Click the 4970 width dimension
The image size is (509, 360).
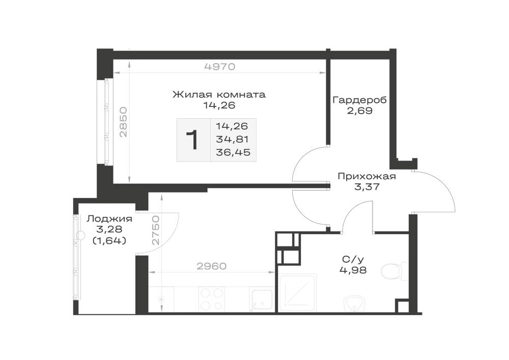click(219, 67)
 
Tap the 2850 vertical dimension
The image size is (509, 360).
click(123, 122)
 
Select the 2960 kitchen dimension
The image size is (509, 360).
click(212, 266)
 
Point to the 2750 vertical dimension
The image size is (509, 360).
click(156, 230)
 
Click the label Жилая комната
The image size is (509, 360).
click(219, 95)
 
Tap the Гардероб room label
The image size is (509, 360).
click(360, 100)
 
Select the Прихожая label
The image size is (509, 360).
click(367, 177)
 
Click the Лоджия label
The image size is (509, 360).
click(109, 219)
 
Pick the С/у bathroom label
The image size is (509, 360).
click(353, 259)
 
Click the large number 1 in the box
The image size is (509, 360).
click(193, 140)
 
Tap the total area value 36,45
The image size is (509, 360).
click(233, 152)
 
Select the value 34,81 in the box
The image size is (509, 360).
click(233, 139)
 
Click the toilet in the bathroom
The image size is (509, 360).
click(394, 271)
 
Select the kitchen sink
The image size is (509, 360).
click(261, 300)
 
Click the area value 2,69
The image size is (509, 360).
click(360, 111)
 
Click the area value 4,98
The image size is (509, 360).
click(353, 270)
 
